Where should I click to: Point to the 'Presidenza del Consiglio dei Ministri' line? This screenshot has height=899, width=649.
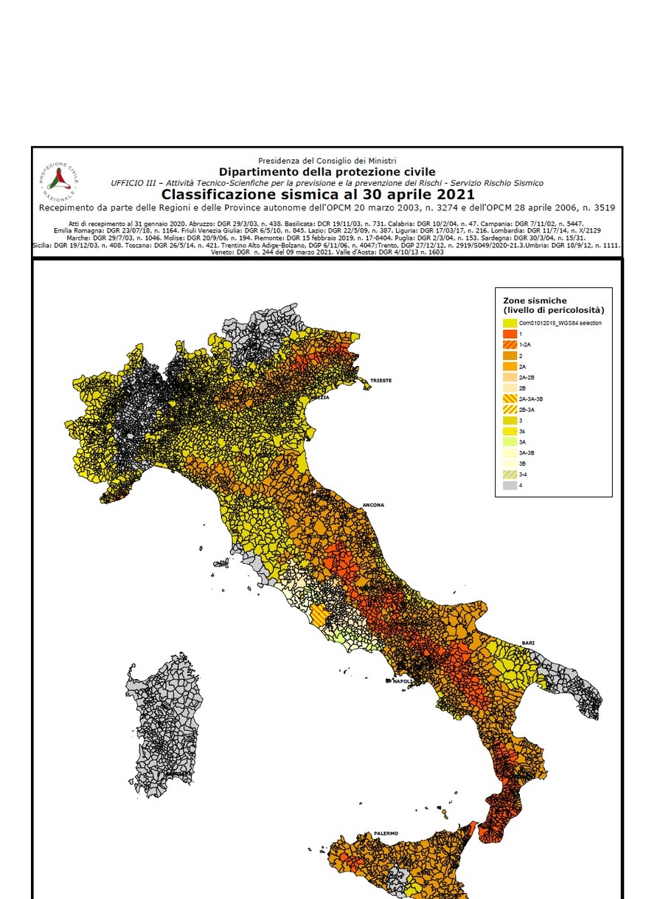(327, 160)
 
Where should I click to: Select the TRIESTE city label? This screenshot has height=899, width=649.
(381, 380)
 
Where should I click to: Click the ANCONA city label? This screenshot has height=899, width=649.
(373, 506)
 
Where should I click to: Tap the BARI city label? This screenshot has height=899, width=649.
(527, 643)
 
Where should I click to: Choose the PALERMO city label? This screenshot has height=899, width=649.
(386, 833)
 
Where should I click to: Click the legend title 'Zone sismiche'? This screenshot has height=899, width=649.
(535, 301)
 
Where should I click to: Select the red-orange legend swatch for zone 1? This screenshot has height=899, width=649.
(510, 334)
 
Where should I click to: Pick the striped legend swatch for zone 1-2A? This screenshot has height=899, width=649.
(510, 345)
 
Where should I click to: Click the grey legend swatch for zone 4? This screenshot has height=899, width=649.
(510, 485)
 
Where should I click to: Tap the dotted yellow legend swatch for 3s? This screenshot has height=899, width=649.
(510, 430)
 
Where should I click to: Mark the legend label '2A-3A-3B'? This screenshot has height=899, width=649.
(535, 399)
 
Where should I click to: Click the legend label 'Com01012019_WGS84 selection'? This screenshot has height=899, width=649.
(560, 323)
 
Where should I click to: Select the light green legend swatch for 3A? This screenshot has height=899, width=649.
(510, 441)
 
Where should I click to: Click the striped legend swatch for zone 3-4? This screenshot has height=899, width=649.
(510, 474)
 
